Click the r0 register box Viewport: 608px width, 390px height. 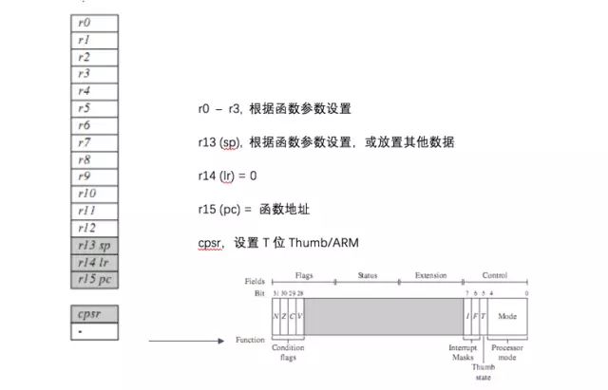point(95,22)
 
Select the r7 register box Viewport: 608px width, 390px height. point(95,141)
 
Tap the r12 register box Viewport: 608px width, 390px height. point(95,227)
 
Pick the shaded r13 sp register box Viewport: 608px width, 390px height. point(95,244)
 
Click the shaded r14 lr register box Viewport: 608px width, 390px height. point(95,261)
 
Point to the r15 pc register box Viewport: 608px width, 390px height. point(95,278)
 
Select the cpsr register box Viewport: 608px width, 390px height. point(95,312)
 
